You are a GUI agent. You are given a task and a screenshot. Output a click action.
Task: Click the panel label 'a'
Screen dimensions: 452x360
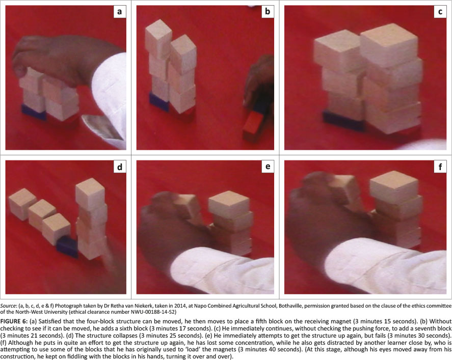point(120,12)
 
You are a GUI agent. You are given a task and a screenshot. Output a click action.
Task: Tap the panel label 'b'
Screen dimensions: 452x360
point(268,12)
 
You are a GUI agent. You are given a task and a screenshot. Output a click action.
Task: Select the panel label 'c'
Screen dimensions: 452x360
point(440,12)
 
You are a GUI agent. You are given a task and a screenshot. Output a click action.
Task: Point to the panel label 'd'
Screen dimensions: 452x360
point(120,167)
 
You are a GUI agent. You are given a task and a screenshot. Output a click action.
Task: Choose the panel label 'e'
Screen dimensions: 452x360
point(268,167)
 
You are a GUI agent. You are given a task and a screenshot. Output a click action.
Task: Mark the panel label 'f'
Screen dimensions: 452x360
point(440,167)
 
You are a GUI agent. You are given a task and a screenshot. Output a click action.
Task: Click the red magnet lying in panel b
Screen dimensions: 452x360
point(253,127)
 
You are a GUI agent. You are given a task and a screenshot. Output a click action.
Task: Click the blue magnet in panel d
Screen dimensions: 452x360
point(67,247)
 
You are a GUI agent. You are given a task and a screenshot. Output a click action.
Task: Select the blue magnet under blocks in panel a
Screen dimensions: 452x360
point(34,113)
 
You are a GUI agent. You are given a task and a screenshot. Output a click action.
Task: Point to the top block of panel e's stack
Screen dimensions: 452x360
point(229,204)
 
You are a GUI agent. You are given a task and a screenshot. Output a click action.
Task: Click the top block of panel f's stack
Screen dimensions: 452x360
point(394,187)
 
